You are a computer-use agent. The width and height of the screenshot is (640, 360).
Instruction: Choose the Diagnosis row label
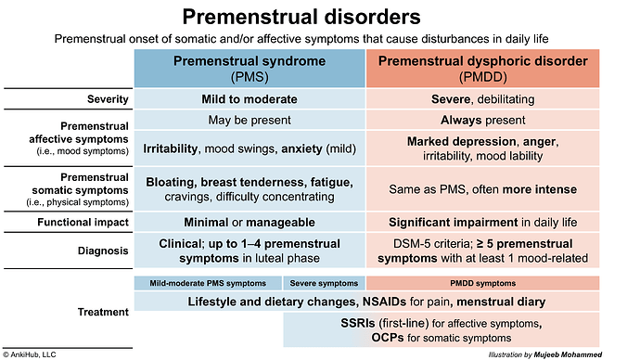pyautogui.click(x=99, y=249)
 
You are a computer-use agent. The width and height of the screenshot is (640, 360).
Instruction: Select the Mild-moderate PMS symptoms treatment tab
pyautogui.click(x=208, y=282)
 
